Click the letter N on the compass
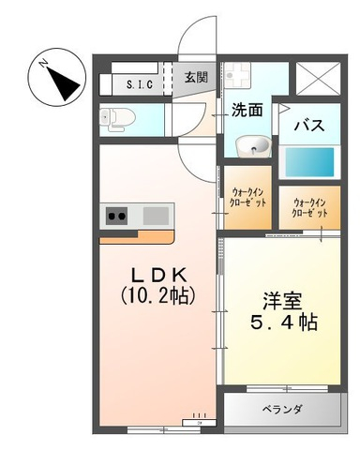[x=43, y=64]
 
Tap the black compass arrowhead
[x=64, y=82]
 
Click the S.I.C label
[x=140, y=84]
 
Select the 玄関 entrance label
[x=196, y=77]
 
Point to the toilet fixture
[x=117, y=119]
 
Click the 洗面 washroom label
[x=247, y=110]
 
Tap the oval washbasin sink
[x=253, y=146]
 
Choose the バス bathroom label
[x=309, y=126]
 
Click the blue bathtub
[x=309, y=162]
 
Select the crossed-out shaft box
[x=318, y=78]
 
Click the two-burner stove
[x=116, y=216]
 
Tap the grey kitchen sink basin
[x=156, y=216]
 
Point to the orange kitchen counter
[x=137, y=238]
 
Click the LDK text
[x=158, y=276]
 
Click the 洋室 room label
[x=282, y=301]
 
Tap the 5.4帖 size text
[x=284, y=322]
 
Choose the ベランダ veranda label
[x=282, y=409]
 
